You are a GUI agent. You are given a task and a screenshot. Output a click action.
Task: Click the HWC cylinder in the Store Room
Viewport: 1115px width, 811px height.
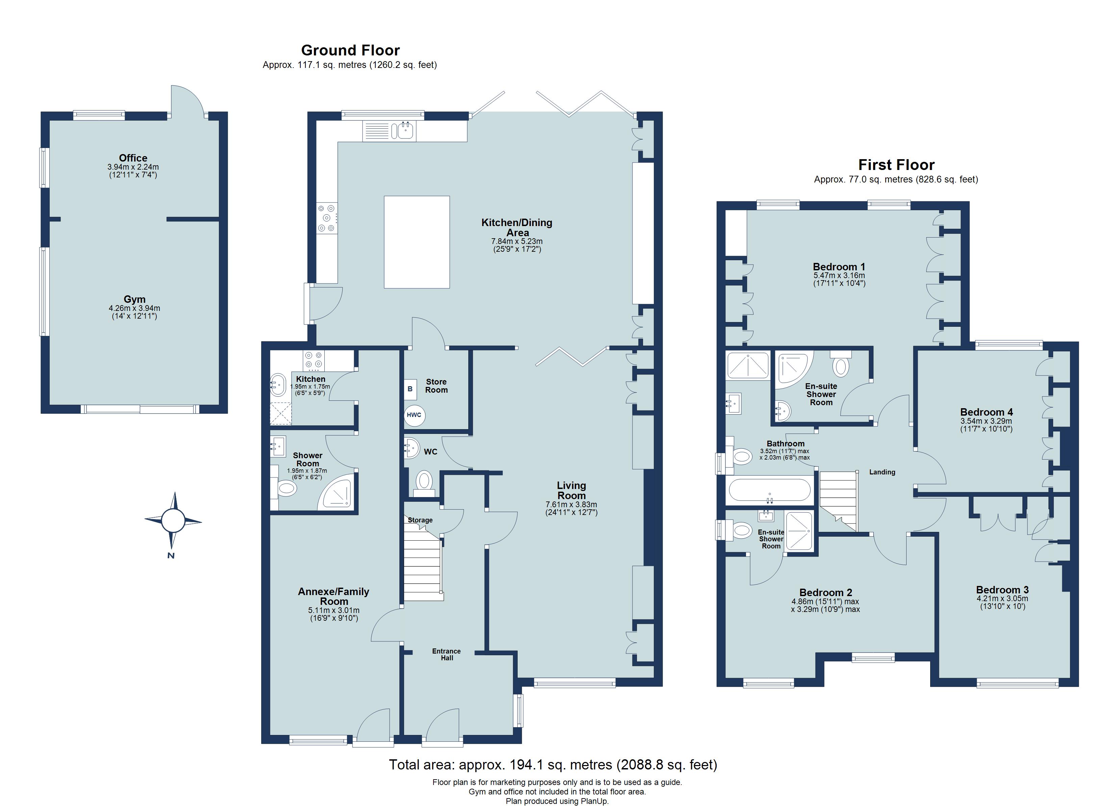pos(414,415)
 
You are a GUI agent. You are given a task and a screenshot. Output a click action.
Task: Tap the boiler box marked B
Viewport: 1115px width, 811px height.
pos(410,389)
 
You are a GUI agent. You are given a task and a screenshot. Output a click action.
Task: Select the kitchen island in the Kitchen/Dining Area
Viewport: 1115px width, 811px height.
pos(417,242)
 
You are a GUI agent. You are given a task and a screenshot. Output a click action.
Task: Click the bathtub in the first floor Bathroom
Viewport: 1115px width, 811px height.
pos(769,490)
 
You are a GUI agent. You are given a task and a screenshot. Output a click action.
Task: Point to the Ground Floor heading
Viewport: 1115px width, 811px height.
pos(350,50)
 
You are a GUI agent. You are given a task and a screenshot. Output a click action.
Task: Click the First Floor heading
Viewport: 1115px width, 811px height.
pos(896,165)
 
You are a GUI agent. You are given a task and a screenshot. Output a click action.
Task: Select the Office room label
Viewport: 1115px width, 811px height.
pos(133,158)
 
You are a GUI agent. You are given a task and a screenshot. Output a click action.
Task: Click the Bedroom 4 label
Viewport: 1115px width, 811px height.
pos(986,412)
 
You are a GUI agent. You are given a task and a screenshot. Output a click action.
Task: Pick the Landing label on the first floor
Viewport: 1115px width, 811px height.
pos(882,472)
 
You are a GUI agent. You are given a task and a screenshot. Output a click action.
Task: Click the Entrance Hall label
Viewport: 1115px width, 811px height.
pos(446,655)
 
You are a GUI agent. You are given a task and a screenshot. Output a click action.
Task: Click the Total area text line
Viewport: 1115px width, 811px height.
pos(553,765)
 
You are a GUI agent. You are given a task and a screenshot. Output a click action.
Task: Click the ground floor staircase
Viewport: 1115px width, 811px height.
pos(423,562)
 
